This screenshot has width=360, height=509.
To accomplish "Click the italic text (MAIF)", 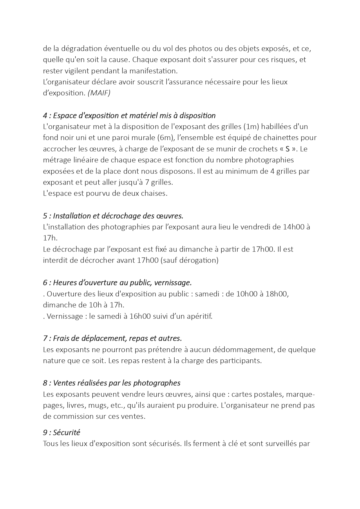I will tap(99, 93).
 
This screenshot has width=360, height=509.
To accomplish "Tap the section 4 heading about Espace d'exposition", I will tap(129, 115).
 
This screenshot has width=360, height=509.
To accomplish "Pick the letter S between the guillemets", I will tap(287, 149).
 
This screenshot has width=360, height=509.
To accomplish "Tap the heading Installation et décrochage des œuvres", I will tap(113, 216).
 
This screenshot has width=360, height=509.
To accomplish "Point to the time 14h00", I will tap(293, 227).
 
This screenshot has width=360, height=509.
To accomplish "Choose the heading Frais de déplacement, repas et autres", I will tap(112, 338).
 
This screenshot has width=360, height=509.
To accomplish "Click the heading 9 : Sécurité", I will tap(61, 432).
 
